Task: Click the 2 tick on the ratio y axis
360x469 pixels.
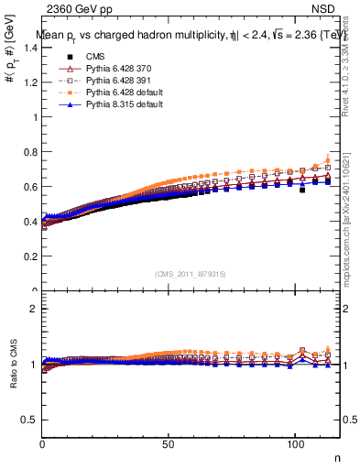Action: pos(35,309)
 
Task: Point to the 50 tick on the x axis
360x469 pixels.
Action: pos(169,444)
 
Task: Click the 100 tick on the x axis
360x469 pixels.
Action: pos(295,444)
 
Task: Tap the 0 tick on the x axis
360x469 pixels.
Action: pos(43,444)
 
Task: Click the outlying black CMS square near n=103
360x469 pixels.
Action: pos(302,191)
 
